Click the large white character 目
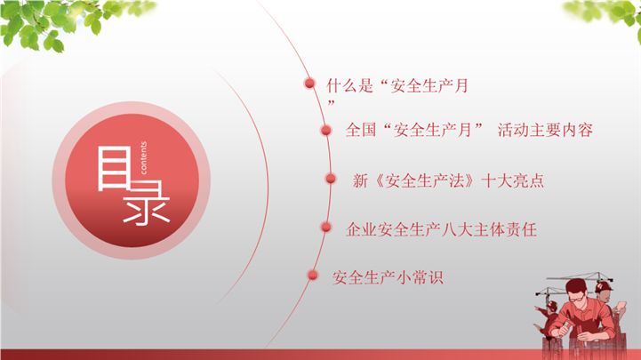tap(115, 169)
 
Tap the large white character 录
tap(147, 203)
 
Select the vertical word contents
tap(143, 157)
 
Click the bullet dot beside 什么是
tap(309, 84)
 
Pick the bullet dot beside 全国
tap(325, 131)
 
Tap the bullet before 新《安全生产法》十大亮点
tap(331, 179)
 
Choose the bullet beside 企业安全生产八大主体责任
tap(325, 227)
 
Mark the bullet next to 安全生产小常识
tap(313, 275)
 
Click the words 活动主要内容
tap(545, 130)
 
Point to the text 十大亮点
tap(513, 180)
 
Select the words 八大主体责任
tap(489, 229)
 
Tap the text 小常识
tap(420, 278)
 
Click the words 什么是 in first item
tap(350, 86)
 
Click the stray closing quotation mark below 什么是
tap(331, 102)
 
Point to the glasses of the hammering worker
tap(578, 299)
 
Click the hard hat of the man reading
tap(603, 285)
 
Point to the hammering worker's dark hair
tap(576, 286)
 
